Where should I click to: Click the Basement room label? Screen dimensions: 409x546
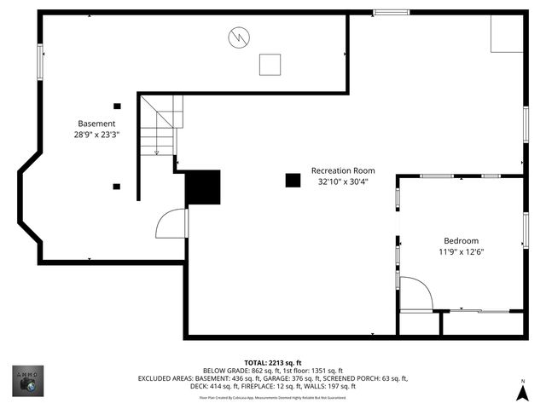point(96,123)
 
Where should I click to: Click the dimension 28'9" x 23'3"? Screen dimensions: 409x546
point(96,134)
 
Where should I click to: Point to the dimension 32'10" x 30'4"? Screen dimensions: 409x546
point(343,181)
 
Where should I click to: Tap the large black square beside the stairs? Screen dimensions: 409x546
point(203,187)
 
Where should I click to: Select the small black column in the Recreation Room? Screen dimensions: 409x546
point(293,180)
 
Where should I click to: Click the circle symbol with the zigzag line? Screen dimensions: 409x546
point(238,37)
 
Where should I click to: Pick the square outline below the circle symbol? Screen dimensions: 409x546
point(270,65)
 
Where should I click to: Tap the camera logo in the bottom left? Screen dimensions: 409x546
point(27,381)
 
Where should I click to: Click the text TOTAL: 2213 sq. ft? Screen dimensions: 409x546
point(273,362)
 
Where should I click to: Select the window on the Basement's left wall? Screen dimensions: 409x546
point(40,62)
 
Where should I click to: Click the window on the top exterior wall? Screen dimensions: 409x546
point(391,12)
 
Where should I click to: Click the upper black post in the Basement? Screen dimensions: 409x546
point(117,106)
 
